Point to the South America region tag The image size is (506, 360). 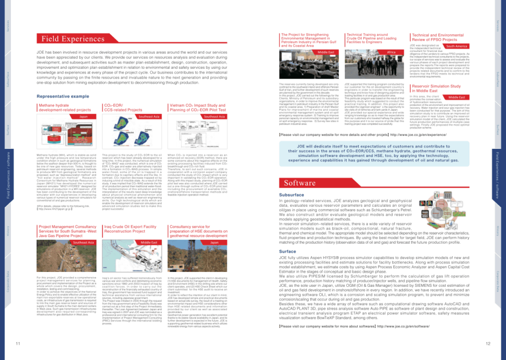(x=457, y=46)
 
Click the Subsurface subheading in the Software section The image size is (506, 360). (x=292, y=195)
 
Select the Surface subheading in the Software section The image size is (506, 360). (x=288, y=252)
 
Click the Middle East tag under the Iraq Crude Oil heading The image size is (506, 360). (x=149, y=243)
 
